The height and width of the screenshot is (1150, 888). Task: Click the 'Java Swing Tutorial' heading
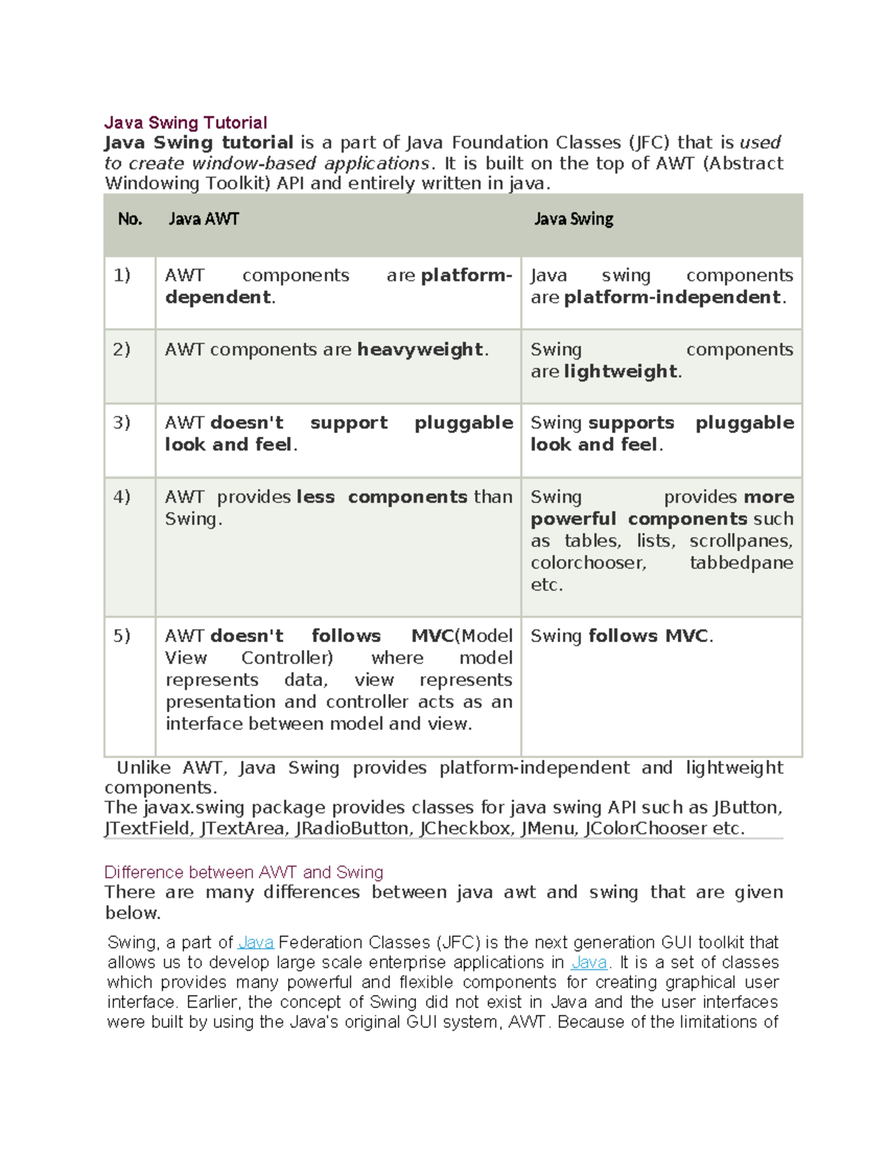pos(186,122)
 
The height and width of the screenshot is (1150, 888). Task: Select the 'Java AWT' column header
pos(203,218)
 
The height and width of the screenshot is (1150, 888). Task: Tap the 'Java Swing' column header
pos(573,218)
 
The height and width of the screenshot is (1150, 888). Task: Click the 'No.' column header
pos(129,218)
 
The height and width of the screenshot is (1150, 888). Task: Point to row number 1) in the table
pos(122,275)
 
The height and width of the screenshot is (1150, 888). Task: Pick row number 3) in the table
pos(122,423)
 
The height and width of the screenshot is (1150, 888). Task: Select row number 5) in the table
pos(122,636)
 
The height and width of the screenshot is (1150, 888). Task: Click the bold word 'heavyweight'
pos(420,350)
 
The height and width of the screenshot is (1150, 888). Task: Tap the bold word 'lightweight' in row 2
pos(620,371)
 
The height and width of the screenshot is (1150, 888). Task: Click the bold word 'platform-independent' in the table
pos(672,297)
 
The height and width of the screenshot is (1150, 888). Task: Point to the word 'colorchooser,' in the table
pos(588,563)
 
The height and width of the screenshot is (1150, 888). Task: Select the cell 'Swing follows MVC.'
pos(622,636)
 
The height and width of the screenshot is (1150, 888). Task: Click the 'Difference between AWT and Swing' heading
pos(243,872)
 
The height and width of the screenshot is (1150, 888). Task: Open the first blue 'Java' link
pos(256,942)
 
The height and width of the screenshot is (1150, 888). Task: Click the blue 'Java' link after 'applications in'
pos(589,962)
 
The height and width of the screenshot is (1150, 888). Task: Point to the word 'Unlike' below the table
pos(144,767)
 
